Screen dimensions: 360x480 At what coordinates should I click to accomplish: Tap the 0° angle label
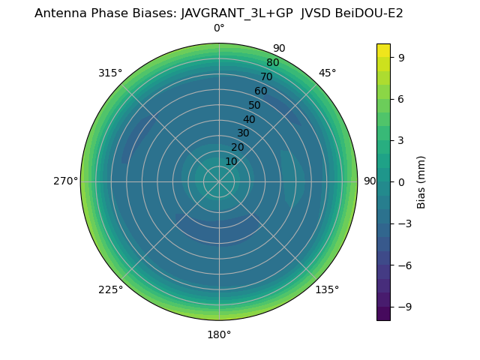[x=219, y=28]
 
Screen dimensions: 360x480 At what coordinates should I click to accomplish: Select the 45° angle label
[x=327, y=73]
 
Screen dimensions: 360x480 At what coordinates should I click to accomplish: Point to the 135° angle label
[x=327, y=289]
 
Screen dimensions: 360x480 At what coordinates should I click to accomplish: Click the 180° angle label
[x=219, y=334]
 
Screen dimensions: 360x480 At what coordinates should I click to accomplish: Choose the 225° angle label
[x=110, y=289]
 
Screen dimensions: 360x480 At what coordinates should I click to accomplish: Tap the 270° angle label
[x=65, y=181]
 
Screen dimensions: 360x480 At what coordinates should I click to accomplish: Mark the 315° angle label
[x=110, y=73]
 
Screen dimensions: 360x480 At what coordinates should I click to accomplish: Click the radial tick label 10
[x=231, y=161]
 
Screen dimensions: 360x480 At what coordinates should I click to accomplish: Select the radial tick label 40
[x=249, y=119]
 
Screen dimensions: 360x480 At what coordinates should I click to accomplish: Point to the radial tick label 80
[x=272, y=62]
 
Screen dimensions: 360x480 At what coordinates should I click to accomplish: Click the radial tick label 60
[x=260, y=91]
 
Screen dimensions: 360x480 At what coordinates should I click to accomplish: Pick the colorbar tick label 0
[x=400, y=181]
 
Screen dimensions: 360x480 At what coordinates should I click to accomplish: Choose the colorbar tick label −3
[x=403, y=223]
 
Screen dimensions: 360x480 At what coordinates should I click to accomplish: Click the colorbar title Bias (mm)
[x=421, y=181]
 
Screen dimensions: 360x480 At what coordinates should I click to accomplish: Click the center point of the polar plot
[x=219, y=181]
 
